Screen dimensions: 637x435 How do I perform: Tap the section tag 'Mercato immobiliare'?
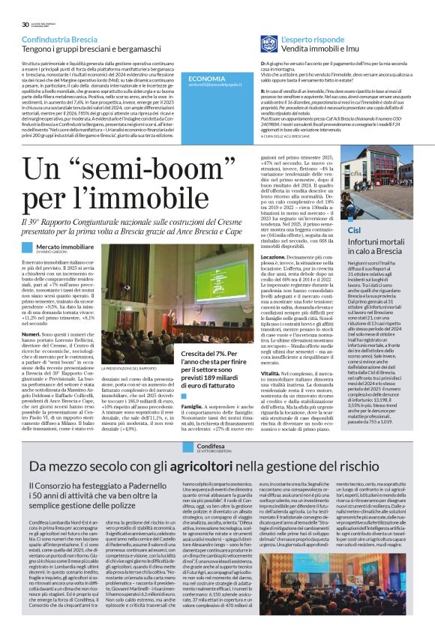pyautogui.click(x=65, y=245)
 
